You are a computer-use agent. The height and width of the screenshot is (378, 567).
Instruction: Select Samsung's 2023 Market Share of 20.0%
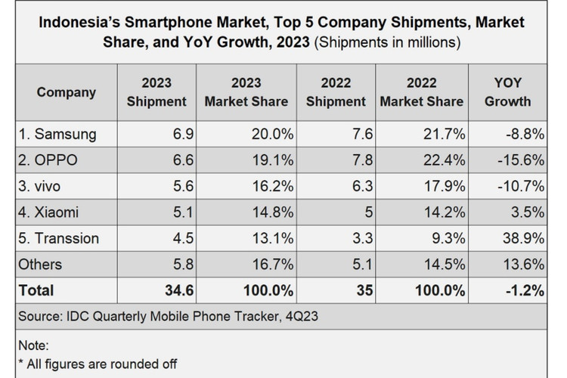point(268,135)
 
